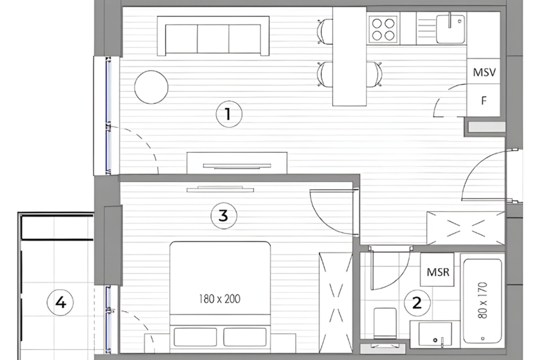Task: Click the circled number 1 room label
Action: pos(227,113)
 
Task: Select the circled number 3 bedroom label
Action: pos(223,215)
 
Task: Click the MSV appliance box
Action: pos(485,73)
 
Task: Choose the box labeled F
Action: pos(484,101)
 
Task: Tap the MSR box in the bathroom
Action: pos(438,271)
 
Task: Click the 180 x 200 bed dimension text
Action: pos(220,298)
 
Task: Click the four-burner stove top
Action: pos(383,29)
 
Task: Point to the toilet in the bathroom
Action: pos(385,324)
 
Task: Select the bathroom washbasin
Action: pos(434,334)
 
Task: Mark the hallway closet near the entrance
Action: pos(465,228)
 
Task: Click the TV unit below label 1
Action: pos(236,163)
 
